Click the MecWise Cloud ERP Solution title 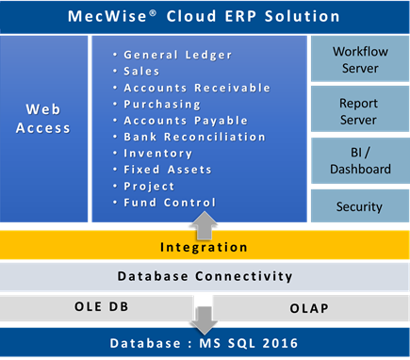(x=205, y=16)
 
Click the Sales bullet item (x=141, y=72)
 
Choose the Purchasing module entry (x=162, y=104)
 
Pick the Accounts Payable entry (x=186, y=121)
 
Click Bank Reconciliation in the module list (x=194, y=137)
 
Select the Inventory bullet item (x=158, y=154)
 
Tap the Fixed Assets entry (x=168, y=170)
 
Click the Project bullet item (x=149, y=187)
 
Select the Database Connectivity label (x=205, y=276)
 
